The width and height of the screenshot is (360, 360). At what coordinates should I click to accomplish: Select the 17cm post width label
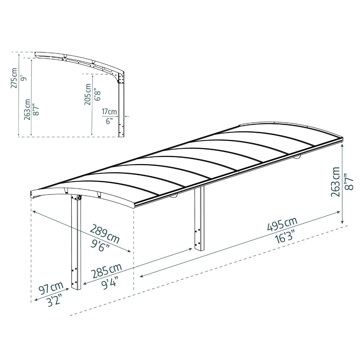[x=109, y=112]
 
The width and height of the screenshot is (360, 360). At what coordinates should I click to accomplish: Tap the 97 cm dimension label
[x=51, y=290]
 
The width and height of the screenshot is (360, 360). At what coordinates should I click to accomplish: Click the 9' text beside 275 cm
[x=24, y=79]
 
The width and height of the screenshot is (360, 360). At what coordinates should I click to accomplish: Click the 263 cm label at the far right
[x=336, y=181]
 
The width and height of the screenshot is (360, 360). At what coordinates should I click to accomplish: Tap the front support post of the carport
[x=76, y=243]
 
